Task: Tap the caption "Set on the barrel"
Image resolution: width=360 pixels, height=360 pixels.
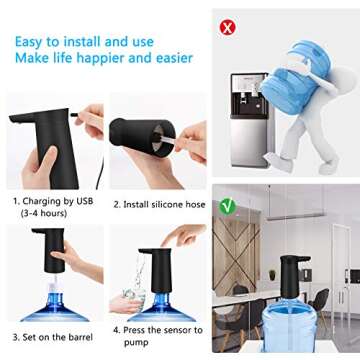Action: pyautogui.click(x=53, y=337)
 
